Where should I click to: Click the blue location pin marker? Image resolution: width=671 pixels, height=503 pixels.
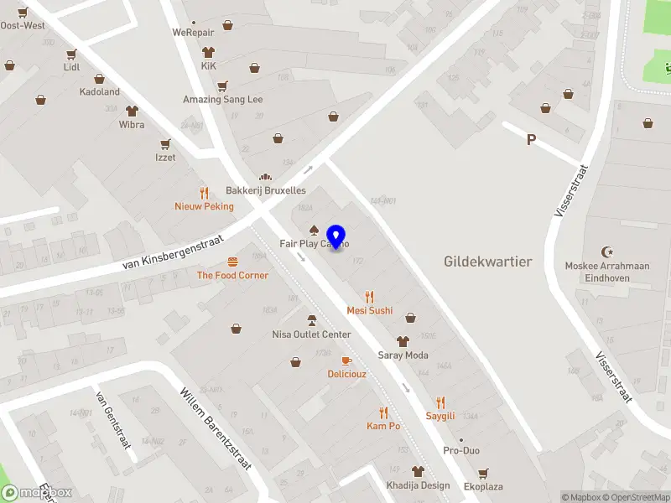337,237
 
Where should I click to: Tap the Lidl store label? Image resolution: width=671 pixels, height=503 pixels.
71,66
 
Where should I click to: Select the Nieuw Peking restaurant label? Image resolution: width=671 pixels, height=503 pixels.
204,206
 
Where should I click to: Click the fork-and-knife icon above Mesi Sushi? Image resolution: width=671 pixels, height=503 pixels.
370,297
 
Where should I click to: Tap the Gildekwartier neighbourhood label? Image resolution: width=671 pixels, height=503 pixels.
487,262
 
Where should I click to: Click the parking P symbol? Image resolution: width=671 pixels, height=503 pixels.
531,140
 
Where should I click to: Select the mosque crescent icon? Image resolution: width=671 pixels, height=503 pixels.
607,251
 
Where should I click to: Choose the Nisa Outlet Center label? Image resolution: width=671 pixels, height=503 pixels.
311,334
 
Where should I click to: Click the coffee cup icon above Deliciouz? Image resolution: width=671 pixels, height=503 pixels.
346,360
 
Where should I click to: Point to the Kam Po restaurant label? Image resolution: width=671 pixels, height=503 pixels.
383,426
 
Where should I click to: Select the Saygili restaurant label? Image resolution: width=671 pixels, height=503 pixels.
440,416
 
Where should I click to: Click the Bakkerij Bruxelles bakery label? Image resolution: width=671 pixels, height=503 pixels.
265,190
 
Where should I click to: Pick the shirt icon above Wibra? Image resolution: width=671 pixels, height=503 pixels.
132,111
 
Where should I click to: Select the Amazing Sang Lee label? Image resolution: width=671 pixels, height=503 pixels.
222,99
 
